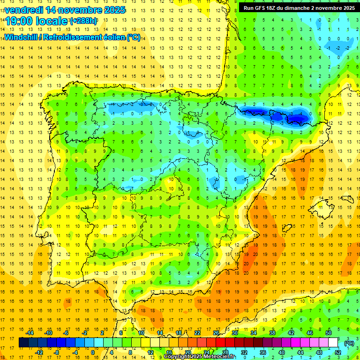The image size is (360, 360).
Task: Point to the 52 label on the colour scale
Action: tap(338, 352)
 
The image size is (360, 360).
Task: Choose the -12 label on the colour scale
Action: tap(39, 352)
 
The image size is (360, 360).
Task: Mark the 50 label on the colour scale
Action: tap(329, 333)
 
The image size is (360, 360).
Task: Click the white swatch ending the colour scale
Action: tap(333, 343)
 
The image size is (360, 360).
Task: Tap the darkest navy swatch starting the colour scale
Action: tap(23, 343)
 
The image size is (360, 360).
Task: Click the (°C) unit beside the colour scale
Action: tap(349, 343)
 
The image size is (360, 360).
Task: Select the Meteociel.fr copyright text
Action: tap(199, 357)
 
